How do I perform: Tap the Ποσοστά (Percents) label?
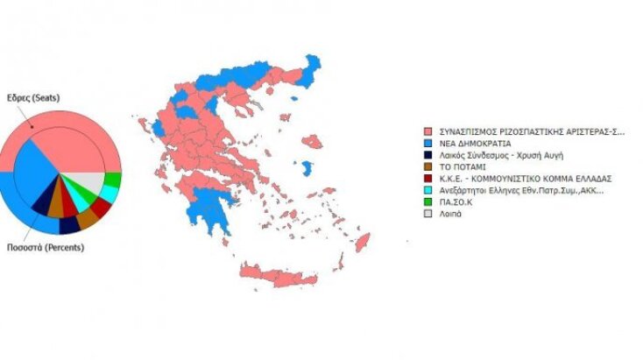tap(35, 248)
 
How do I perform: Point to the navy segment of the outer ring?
tap(69, 225)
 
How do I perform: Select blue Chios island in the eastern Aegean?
tap(306, 167)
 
